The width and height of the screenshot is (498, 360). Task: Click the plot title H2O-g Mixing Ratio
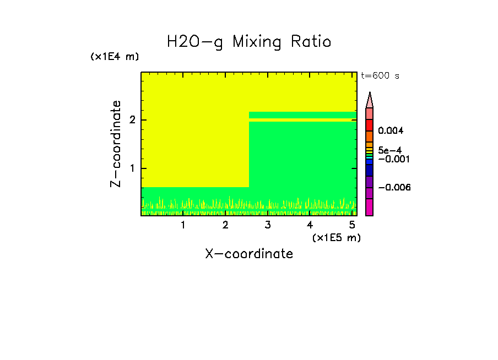tap(249, 42)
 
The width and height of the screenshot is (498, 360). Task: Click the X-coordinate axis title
tap(249, 254)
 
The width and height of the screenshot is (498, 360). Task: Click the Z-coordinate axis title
tap(116, 144)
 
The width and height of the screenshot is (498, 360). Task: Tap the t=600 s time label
tap(380, 76)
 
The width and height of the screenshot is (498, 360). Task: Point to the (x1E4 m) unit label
tap(115, 57)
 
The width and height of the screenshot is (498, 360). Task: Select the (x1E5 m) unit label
tap(336, 237)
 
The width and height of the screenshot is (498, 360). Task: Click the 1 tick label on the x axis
tap(183, 225)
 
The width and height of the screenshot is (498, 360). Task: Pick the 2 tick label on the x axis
tap(225, 225)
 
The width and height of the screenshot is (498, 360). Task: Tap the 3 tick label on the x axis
tap(268, 225)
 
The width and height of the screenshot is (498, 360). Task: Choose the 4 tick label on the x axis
tap(310, 225)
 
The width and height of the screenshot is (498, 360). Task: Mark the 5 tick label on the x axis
tap(352, 225)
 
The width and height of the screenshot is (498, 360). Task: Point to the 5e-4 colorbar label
tap(389, 150)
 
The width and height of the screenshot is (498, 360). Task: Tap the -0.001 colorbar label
tap(392, 159)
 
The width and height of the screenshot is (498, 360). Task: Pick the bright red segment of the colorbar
tap(370, 125)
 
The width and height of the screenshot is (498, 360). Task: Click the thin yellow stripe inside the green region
tap(300, 119)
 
